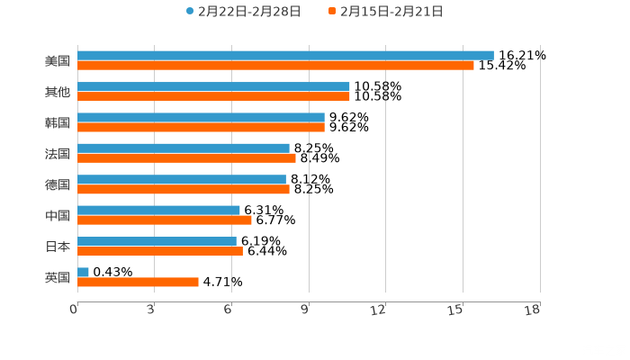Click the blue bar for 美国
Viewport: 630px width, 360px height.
pos(285,56)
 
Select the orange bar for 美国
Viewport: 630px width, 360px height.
pos(275,66)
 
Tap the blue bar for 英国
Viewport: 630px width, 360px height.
pos(83,272)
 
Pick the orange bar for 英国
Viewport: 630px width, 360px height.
pos(138,282)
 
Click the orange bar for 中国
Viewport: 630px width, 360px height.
pos(165,220)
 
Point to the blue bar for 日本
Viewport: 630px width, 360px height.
pos(157,241)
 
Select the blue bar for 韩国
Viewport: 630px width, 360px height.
pos(201,117)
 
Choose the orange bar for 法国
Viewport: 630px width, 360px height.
pos(186,158)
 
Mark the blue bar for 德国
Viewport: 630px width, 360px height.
pos(182,179)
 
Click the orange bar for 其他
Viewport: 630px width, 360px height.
pos(213,96)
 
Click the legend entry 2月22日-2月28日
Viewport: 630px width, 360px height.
pos(243,12)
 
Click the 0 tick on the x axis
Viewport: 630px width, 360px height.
pos(74,310)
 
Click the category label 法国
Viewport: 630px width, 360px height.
pos(57,154)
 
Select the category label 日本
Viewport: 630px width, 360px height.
pos(57,247)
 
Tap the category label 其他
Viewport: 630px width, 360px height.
pos(57,92)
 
